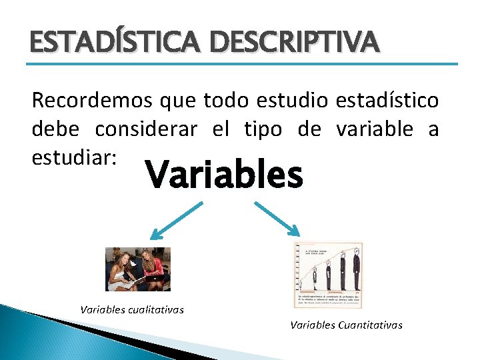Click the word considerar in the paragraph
tap(146, 129)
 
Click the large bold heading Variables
tap(224, 175)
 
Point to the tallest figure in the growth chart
tap(356, 269)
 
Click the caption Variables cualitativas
tap(132, 309)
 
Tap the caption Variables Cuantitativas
tap(346, 325)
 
